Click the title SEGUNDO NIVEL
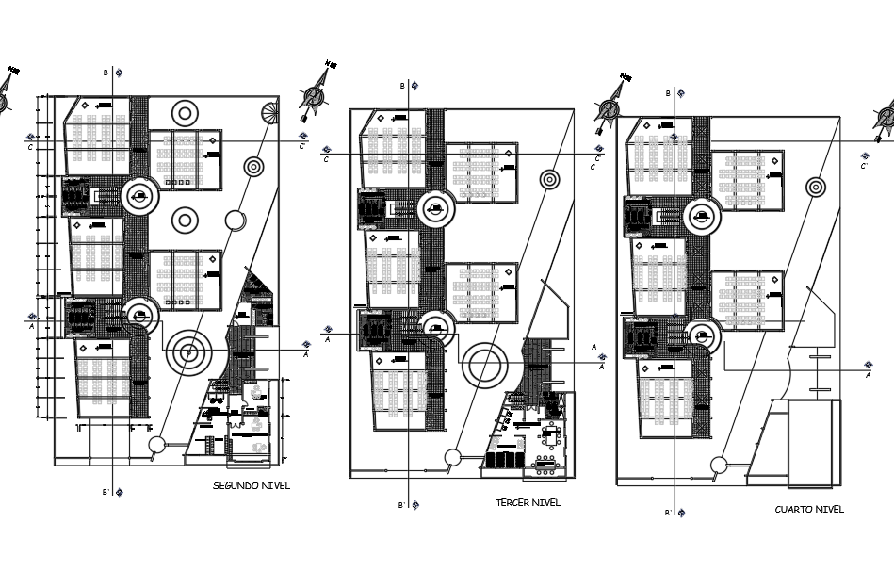pos(252,485)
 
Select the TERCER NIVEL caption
pos(528,502)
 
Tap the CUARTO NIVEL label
pos(809,509)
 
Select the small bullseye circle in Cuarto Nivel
pos(816,188)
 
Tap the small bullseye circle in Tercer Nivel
pos(549,179)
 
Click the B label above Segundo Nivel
pos(106,73)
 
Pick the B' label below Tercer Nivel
pos(401,505)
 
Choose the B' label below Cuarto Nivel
pos(668,513)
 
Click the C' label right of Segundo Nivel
pos(302,146)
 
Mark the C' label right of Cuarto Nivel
pos(864,166)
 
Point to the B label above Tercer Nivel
pos(402,86)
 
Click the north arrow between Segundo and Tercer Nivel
pos(316,94)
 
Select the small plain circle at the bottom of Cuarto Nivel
pos(719,464)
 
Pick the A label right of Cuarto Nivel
pos(868,375)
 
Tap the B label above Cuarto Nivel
pos(669,93)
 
